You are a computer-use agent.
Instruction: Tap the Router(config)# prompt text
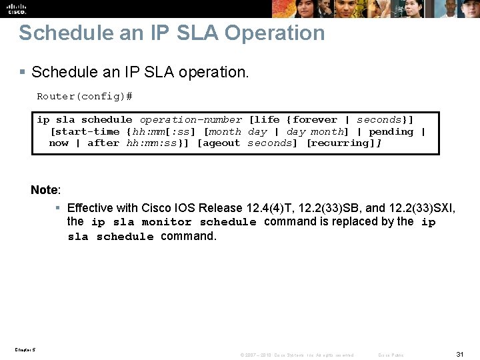[x=84, y=97]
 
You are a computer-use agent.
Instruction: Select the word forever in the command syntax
[x=315, y=120]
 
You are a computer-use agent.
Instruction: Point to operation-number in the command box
[x=191, y=120]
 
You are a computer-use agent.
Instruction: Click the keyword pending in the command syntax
[x=391, y=132]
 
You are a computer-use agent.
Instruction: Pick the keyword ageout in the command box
[x=221, y=143]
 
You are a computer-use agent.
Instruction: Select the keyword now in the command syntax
[x=59, y=143]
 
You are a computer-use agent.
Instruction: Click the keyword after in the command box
[x=103, y=143]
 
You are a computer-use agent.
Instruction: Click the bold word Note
[x=44, y=191]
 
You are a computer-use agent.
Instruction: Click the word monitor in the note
[x=167, y=222]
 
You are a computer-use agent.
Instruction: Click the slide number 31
[x=459, y=353]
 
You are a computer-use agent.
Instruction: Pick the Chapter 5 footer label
[x=24, y=349]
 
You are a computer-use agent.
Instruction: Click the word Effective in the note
[x=91, y=208]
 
